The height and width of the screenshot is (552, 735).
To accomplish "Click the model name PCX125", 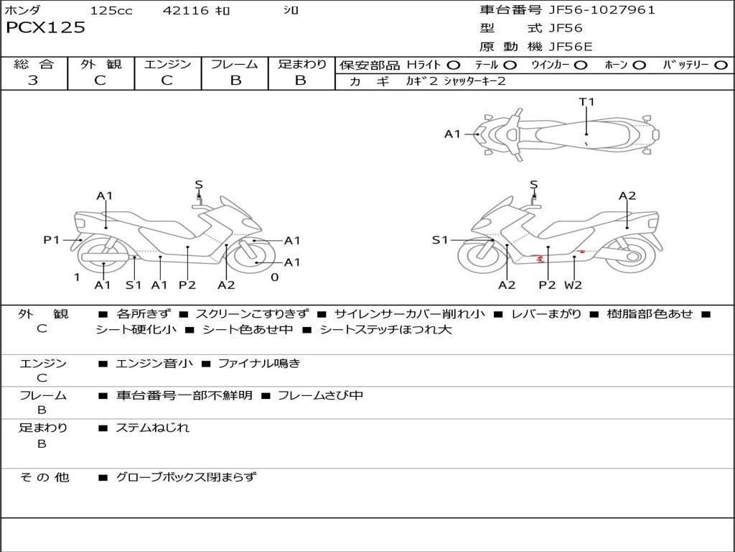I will [45, 28].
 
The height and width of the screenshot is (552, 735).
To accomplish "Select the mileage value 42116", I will [186, 11].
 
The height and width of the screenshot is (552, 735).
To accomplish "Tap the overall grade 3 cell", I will [33, 80].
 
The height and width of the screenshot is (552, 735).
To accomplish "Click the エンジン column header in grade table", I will [167, 65].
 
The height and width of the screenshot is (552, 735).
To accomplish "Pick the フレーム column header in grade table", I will [235, 65].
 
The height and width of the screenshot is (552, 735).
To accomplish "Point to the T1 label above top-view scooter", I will [587, 102].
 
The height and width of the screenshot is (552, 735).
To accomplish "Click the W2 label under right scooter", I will [573, 285].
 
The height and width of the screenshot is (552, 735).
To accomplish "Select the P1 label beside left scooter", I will [52, 240].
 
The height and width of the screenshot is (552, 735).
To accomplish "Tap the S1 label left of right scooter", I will [440, 240].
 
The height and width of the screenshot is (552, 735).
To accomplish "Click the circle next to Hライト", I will [454, 65].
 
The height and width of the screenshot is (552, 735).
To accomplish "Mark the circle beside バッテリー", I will [721, 65].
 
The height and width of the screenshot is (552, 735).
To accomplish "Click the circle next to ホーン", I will [639, 65].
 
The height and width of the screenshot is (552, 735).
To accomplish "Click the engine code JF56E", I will [571, 47].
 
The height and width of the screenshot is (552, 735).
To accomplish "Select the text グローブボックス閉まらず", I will [186, 477].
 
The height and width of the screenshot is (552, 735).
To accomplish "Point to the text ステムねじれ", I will [152, 428].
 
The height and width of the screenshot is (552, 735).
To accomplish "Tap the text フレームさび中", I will [320, 395].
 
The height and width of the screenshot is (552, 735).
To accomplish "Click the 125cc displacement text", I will [111, 11].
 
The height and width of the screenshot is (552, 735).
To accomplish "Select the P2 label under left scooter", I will [187, 285].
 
